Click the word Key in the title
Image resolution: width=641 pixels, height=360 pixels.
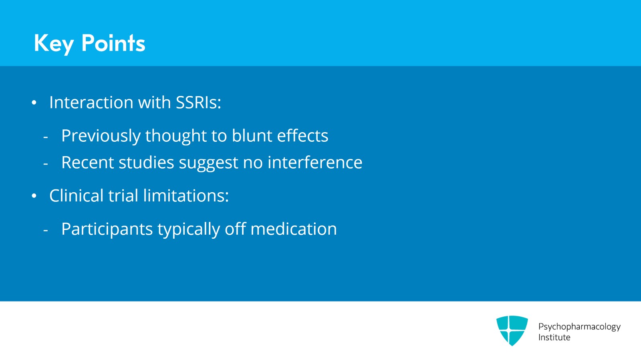point(54,43)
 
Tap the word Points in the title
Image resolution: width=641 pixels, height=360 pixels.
point(113,43)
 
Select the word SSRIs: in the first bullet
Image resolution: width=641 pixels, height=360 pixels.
point(198,103)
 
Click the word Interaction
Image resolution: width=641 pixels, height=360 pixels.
point(91,103)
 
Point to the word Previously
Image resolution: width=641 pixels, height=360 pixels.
point(101,136)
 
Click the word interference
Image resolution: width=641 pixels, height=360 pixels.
point(315,163)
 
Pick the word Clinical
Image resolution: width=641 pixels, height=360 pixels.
point(77,196)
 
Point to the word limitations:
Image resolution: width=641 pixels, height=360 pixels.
point(186,196)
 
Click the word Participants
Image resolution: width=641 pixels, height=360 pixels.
point(107,229)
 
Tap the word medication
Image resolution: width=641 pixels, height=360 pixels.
point(294,229)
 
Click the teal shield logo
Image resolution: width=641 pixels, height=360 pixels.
point(512,330)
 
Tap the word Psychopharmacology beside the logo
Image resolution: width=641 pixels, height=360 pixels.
point(579,327)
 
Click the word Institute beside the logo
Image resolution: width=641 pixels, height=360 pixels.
point(554,338)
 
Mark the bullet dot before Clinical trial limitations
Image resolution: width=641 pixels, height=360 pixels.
point(34,196)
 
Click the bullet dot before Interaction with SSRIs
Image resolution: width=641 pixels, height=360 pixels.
point(34,103)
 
